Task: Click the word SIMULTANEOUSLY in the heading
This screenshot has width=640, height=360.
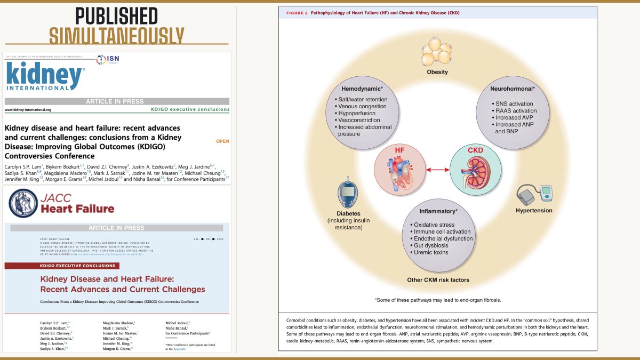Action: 117,35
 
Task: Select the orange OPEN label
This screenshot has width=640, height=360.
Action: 222,142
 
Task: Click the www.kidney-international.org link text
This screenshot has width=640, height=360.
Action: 28,110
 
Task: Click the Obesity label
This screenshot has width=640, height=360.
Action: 437,72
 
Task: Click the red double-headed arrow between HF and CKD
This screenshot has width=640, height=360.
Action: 437,170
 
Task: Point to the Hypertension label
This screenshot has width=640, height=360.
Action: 534,211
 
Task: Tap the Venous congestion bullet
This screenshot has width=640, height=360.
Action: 363,106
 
